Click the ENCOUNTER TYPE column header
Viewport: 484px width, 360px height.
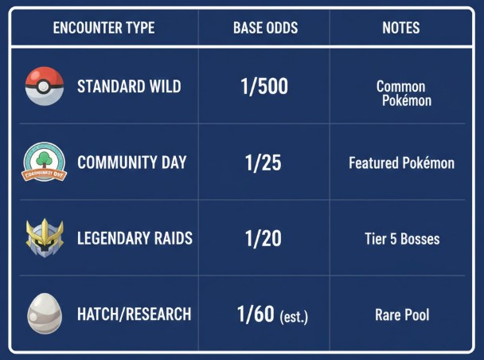tap(103, 28)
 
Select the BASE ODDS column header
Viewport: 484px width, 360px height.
tap(265, 28)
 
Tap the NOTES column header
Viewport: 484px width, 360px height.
tap(401, 28)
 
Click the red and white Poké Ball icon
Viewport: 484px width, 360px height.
tap(45, 86)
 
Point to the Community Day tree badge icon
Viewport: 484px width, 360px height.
tap(44, 162)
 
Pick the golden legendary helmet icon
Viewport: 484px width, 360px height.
tap(45, 238)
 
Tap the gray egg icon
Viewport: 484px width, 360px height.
tap(44, 314)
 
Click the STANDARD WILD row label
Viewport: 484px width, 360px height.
tap(129, 86)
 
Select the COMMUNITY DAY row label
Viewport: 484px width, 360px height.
tap(131, 162)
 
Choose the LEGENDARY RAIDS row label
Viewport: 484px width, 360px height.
tap(135, 238)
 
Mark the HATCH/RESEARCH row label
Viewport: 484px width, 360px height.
tap(134, 314)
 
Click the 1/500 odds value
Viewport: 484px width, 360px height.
tap(264, 86)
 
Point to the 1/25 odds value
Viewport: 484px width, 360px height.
tap(263, 163)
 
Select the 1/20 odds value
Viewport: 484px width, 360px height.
tap(263, 238)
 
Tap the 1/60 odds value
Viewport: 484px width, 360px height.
tap(256, 314)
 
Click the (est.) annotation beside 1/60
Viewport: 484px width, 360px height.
tap(293, 317)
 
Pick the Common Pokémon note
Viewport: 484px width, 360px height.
tap(402, 93)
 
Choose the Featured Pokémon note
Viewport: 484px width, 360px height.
tap(401, 163)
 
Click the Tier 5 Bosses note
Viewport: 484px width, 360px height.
tap(401, 239)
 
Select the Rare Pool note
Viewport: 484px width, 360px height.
tap(401, 315)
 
